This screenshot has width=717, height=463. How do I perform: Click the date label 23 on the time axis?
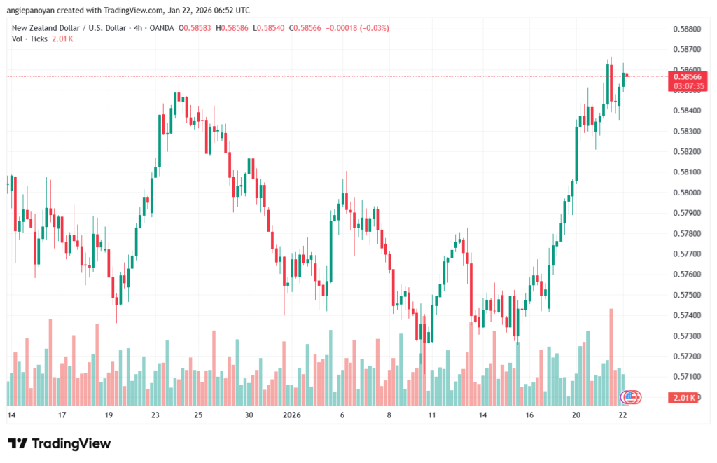(155, 415)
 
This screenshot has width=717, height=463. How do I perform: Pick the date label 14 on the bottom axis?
(11, 415)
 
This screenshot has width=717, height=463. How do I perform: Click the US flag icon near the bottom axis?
(631, 397)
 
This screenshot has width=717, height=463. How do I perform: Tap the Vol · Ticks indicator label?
(30, 39)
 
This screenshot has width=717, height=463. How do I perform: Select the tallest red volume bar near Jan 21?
(611, 357)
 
